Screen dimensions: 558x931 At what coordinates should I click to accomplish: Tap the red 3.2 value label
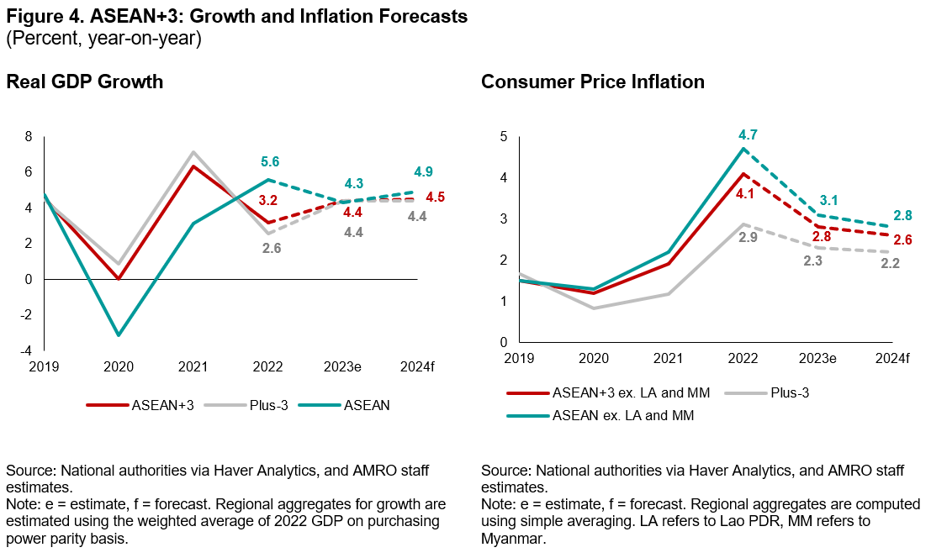[x=268, y=201]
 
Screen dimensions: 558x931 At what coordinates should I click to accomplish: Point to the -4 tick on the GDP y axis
[x=28, y=350]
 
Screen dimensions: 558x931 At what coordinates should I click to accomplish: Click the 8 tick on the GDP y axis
[x=29, y=136]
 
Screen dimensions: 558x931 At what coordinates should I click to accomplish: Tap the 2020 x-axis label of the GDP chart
[x=119, y=367]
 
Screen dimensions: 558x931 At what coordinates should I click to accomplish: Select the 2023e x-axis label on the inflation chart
[x=817, y=359]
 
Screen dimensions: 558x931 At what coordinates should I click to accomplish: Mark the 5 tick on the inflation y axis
[x=505, y=136]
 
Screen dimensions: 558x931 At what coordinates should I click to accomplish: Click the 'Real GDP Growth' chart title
[x=85, y=82]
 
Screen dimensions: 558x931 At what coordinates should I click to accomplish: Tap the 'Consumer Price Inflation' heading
[x=593, y=82]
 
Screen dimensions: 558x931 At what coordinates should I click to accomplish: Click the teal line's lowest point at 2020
[x=119, y=335]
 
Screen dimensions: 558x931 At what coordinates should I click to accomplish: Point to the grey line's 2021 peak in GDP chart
[x=193, y=152]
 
